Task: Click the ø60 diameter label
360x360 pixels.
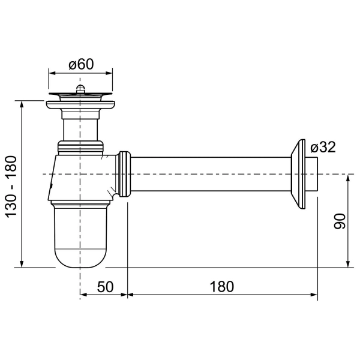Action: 81,64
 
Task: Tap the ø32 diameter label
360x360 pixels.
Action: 323,147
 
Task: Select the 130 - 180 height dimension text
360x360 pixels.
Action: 11,187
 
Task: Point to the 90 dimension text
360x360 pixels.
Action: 340,221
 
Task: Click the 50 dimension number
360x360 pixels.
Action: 105,287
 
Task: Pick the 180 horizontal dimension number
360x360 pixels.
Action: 222,287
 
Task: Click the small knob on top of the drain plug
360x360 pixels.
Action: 80,88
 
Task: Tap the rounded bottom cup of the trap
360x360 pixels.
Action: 80,236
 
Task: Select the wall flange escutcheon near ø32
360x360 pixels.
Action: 298,174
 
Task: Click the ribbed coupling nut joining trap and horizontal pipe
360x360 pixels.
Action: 124,174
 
